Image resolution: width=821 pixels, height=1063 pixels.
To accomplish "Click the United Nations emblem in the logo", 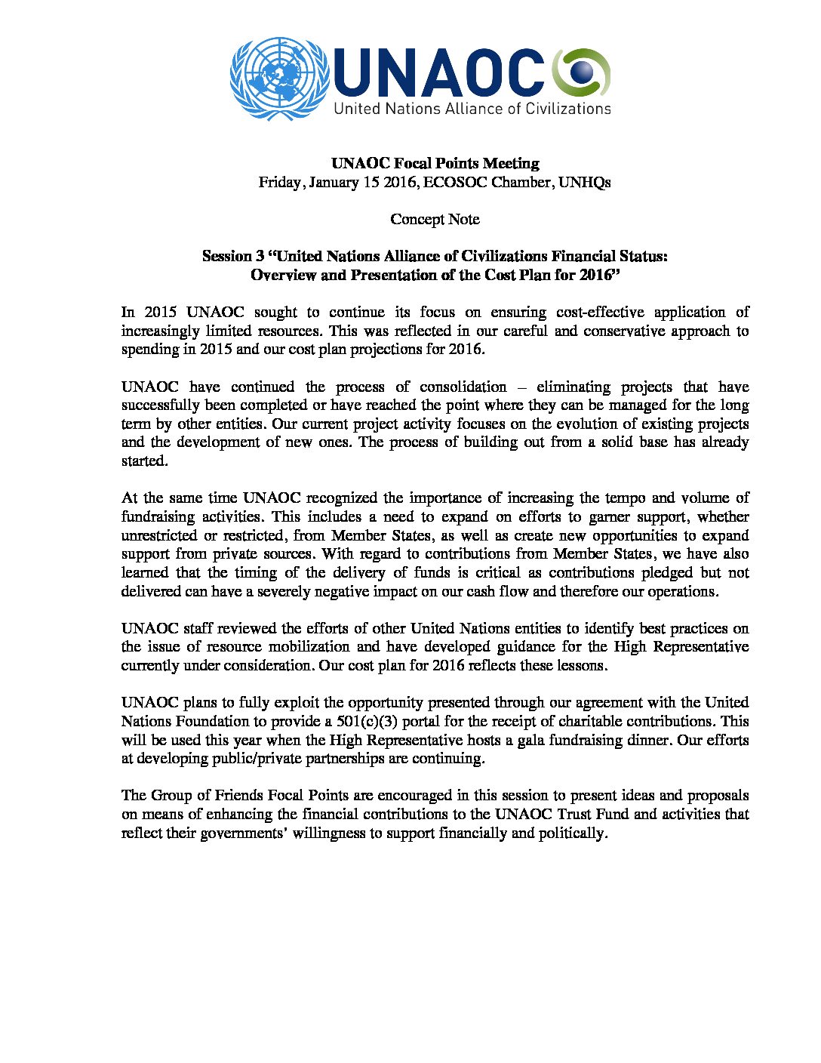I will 279,79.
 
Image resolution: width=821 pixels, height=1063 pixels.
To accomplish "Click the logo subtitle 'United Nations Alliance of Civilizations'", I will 472,108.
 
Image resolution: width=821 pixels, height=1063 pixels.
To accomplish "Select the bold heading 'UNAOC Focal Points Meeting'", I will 435,163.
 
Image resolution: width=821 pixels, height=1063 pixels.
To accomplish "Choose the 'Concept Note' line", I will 435,219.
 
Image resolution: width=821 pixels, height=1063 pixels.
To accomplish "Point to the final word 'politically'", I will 572,833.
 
